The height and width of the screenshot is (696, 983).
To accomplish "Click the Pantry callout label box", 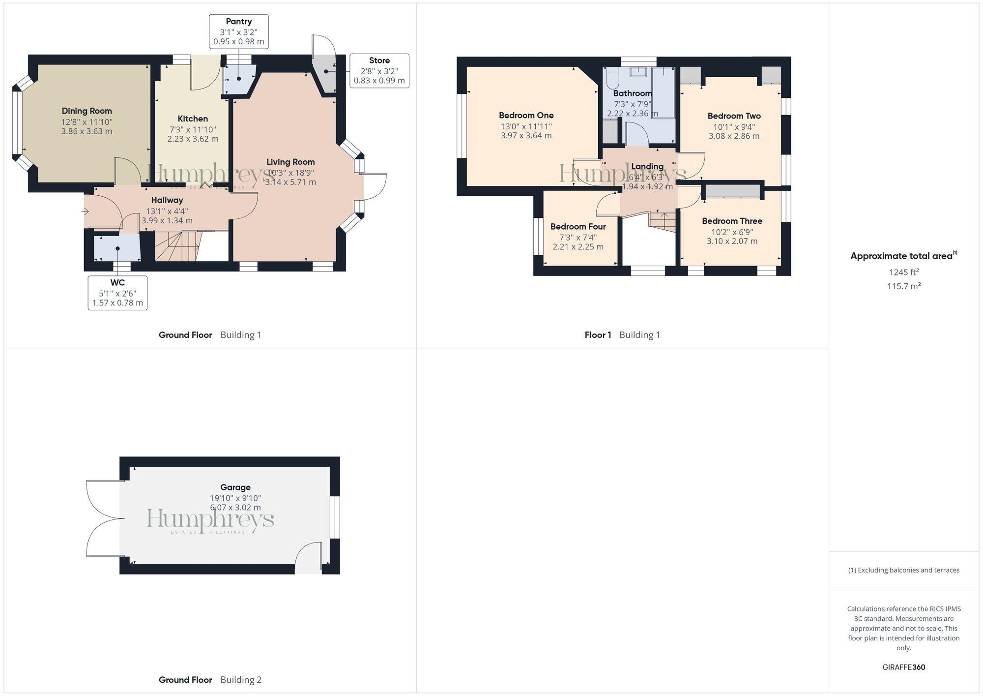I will (x=239, y=31).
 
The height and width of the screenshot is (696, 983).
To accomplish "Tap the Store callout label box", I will (x=379, y=70).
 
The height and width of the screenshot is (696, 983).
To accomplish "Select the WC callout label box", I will (x=117, y=293).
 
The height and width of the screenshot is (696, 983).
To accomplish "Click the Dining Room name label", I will (x=87, y=111).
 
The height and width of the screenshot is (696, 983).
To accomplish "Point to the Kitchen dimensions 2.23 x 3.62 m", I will (x=193, y=139).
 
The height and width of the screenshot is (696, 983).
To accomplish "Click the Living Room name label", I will (x=290, y=162).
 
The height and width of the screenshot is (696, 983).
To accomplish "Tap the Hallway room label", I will (x=167, y=200).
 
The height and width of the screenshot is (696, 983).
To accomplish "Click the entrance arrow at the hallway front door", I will (x=85, y=212).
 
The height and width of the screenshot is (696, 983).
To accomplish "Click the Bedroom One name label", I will (x=526, y=116).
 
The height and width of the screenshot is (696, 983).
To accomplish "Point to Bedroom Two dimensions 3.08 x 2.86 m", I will (x=734, y=136).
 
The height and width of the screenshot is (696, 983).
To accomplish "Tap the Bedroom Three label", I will (x=732, y=221).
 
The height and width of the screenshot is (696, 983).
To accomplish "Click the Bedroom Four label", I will (x=578, y=227).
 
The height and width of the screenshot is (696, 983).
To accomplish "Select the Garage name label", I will (x=235, y=487).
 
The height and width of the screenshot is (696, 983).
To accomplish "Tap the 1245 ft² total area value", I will (x=903, y=272).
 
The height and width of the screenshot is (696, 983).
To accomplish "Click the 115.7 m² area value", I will (x=903, y=286).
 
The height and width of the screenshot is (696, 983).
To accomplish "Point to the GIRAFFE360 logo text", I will (x=903, y=667).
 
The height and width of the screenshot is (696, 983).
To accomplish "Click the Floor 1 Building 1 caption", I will (x=622, y=335).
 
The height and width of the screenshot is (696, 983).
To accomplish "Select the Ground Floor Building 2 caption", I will (x=210, y=680).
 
